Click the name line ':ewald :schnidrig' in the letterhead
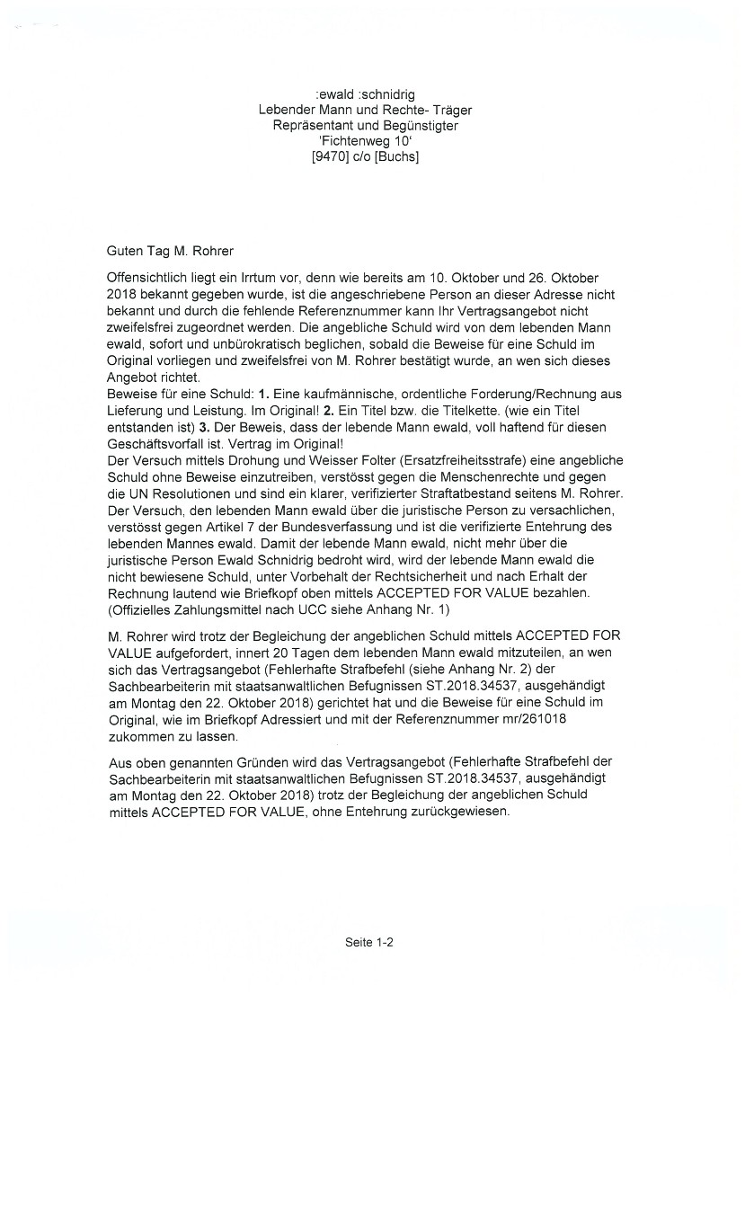[365, 94]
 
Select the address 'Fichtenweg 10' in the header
[365, 141]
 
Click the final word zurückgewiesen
[464, 812]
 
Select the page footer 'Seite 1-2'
[369, 942]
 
